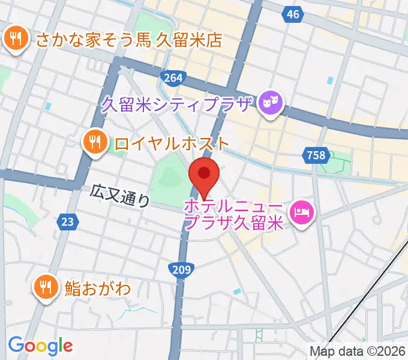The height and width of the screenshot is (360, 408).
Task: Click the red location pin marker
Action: (204, 175)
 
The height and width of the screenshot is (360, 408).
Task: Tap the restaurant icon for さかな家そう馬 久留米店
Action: (14, 40)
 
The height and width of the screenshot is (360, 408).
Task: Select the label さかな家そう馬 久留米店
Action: (129, 40)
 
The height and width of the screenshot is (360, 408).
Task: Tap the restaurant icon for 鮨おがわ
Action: (46, 286)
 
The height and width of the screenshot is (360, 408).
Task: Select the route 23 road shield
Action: (67, 222)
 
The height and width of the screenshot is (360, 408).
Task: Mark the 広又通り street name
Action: (120, 196)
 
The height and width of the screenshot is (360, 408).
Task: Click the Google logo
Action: (40, 346)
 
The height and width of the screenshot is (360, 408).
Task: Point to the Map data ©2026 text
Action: (358, 352)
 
